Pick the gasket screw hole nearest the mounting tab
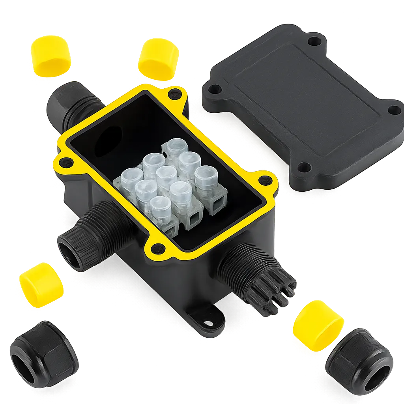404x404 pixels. (158, 248)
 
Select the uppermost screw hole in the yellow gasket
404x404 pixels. (172, 94)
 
